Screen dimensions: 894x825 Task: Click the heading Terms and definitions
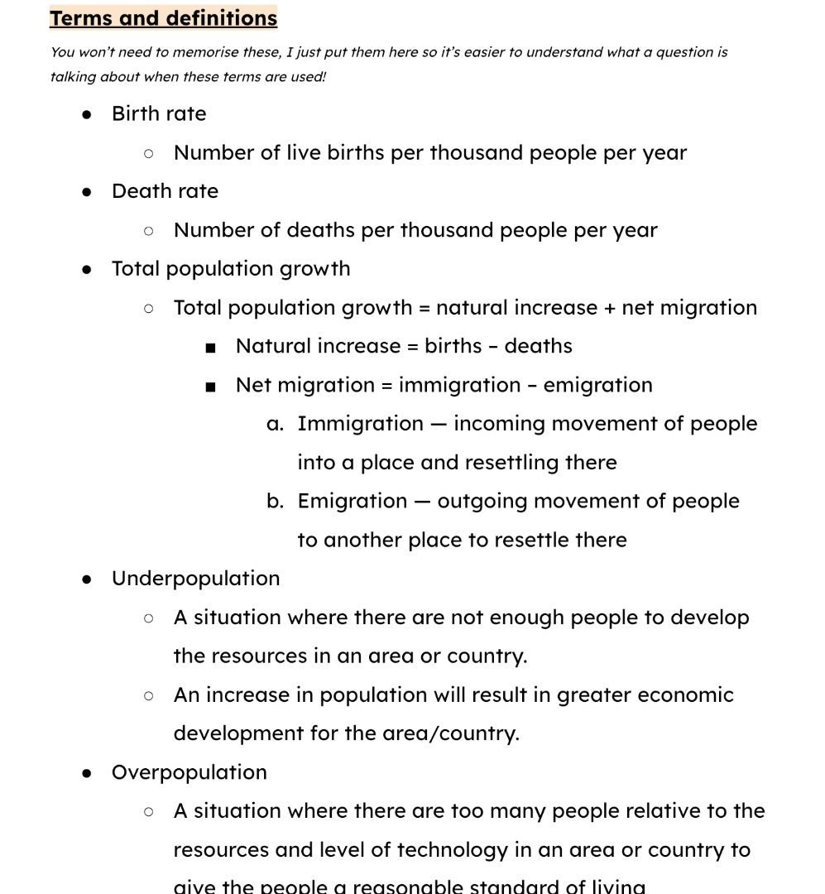point(163,18)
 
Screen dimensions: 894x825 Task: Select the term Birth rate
point(159,113)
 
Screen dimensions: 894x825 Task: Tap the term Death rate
point(165,191)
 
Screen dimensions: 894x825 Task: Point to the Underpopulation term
point(195,578)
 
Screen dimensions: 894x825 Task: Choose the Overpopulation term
point(189,772)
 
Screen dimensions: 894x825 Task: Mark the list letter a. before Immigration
point(276,424)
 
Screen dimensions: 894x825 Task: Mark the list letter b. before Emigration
point(276,502)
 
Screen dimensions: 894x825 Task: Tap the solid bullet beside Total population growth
point(87,269)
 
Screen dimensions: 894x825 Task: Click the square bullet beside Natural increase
point(211,348)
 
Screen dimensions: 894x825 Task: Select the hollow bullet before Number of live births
point(149,153)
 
